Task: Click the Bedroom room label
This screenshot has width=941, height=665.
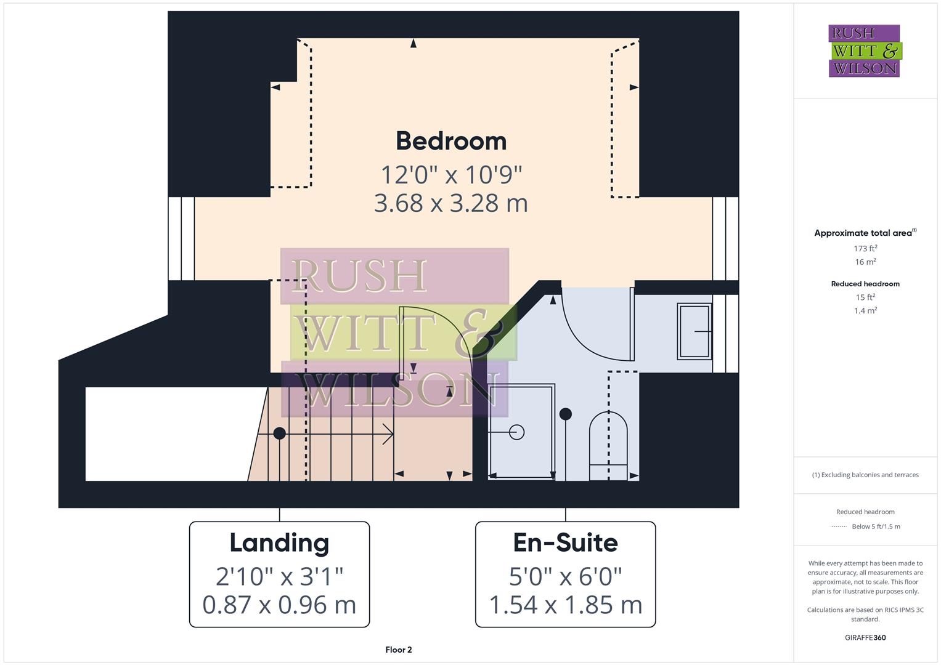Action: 451,141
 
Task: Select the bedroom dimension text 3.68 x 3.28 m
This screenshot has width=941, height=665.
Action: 451,203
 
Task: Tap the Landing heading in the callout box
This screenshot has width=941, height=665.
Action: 279,542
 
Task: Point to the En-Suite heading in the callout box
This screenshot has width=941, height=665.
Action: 565,542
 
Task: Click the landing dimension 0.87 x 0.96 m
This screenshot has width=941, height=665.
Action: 279,605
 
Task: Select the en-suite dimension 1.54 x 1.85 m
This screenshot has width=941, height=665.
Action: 565,605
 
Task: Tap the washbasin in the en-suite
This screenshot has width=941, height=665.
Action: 695,331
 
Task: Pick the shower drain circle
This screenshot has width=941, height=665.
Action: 518,432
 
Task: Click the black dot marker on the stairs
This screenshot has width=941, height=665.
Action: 279,433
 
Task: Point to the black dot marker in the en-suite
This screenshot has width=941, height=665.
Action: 565,414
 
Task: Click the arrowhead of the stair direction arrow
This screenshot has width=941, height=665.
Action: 391,434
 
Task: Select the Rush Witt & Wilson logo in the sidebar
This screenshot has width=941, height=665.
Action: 865,51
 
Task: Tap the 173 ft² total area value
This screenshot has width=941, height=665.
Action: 865,249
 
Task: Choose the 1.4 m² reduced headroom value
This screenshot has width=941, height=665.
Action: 865,311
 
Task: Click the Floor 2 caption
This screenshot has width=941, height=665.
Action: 399,650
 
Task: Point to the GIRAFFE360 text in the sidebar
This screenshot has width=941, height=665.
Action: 865,638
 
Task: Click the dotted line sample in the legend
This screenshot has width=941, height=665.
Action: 839,527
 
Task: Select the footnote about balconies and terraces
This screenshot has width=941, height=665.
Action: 865,475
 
